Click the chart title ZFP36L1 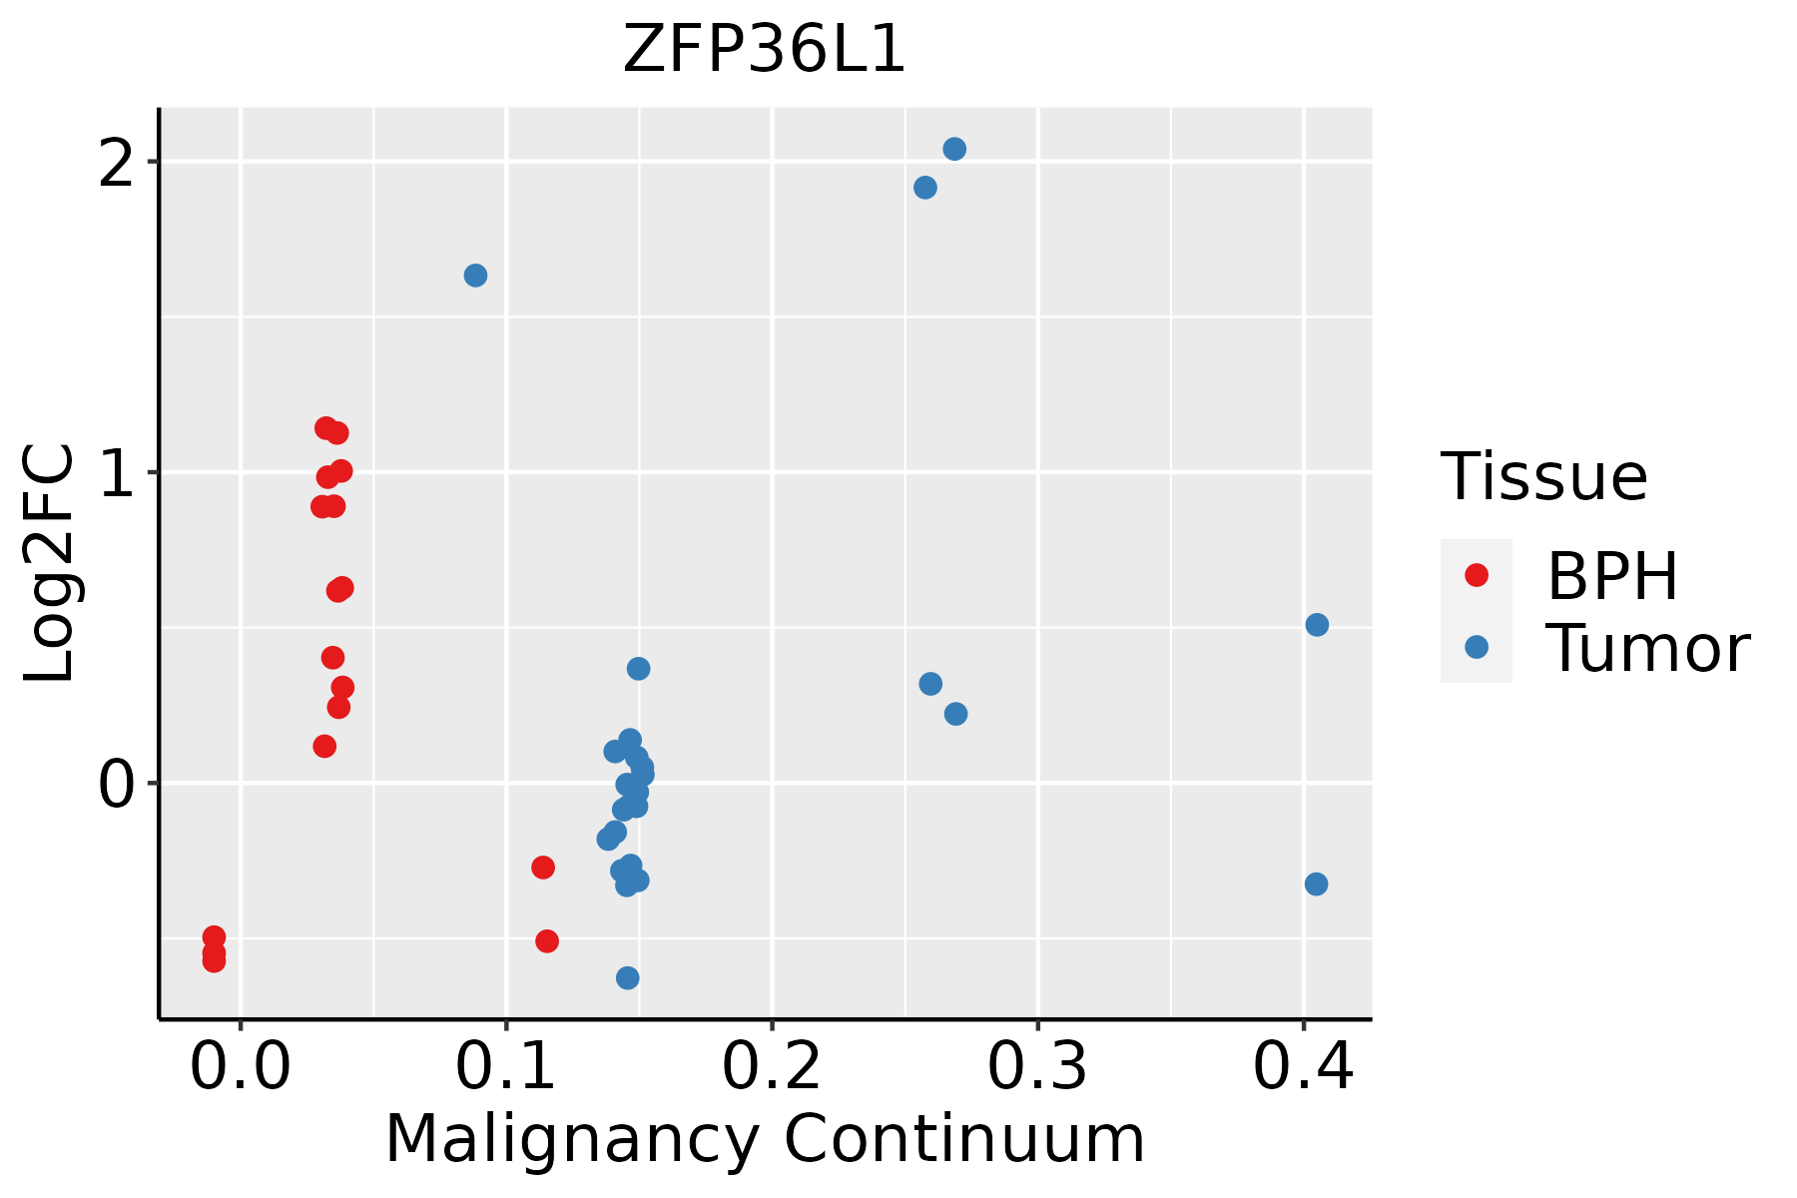(764, 50)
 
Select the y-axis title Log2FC (50, 564)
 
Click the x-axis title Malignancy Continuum (764, 1140)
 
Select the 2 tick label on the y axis (116, 164)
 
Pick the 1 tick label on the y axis (116, 474)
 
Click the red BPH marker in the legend (1476, 575)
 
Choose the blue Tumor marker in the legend (1476, 647)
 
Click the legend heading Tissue (1543, 477)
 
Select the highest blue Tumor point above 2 (954, 149)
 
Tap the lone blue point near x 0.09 (475, 276)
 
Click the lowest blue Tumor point (627, 977)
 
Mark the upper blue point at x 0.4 (1317, 625)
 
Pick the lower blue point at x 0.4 (1316, 885)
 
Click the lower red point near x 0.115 (546, 941)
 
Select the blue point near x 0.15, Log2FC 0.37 (638, 669)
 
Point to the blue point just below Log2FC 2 (925, 188)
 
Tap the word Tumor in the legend (1647, 649)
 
